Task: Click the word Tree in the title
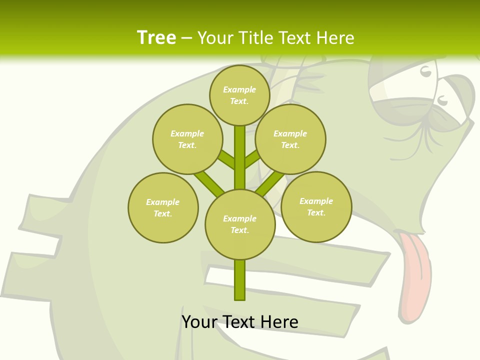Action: [x=156, y=38]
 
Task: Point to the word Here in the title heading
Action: [x=335, y=38]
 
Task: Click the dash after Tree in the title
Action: [x=186, y=38]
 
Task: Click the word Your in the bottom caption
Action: [x=199, y=321]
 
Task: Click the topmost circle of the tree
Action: [x=239, y=95]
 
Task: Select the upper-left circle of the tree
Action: [x=187, y=139]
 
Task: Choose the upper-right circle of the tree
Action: [x=290, y=139]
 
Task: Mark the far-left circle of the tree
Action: [x=163, y=207]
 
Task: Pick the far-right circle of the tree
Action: [x=316, y=206]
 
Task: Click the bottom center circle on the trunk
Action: [x=240, y=224]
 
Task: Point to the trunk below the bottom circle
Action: [x=240, y=280]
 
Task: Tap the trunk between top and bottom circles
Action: [x=240, y=157]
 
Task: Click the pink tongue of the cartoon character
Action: [x=415, y=270]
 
